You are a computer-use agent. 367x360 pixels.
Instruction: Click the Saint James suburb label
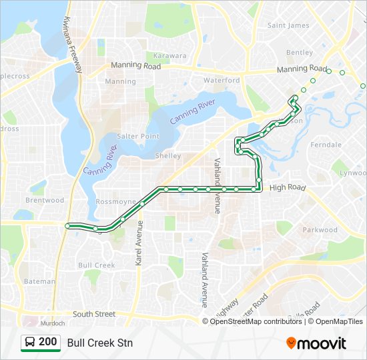tap(288, 25)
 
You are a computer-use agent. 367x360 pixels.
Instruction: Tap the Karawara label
tap(170, 56)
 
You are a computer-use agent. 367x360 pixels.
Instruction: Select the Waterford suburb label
tap(222, 80)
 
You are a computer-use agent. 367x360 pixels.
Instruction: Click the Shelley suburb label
tap(167, 156)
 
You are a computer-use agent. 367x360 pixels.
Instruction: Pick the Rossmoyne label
tap(115, 201)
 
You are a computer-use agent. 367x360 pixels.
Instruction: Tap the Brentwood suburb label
tap(45, 200)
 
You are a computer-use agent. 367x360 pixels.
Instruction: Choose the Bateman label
tap(39, 281)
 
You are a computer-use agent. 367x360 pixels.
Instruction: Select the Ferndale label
tap(326, 145)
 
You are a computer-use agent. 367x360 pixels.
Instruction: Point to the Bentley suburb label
tap(299, 53)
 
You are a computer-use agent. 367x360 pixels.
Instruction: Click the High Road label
tap(287, 188)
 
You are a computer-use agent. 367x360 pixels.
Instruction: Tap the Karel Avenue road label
tap(139, 244)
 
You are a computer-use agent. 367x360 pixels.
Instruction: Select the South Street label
tap(94, 314)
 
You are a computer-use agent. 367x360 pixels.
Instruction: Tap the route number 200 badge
tap(41, 342)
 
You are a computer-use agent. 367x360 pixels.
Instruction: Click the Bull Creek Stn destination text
tap(100, 343)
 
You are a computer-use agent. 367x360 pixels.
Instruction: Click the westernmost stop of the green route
tap(68, 226)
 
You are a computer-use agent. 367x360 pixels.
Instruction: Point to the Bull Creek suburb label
tap(97, 265)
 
